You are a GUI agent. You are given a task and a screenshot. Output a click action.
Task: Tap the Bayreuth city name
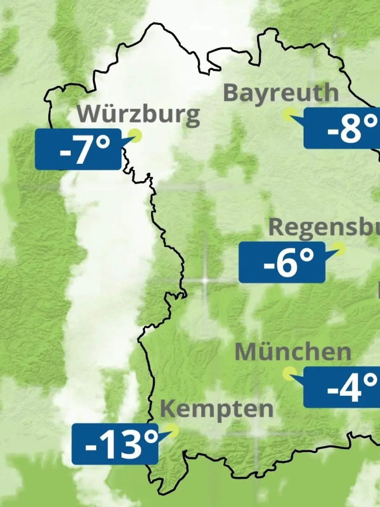[281, 93]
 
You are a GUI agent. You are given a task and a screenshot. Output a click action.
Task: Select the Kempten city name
[217, 409]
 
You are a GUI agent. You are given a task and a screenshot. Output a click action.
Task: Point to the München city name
[293, 352]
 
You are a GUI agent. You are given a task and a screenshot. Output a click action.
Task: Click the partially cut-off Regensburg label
[324, 227]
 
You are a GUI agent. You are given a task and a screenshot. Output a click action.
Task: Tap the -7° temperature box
[78, 149]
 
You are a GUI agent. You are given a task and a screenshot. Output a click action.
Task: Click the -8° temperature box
[342, 128]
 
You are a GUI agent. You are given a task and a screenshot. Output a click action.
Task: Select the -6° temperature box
[282, 262]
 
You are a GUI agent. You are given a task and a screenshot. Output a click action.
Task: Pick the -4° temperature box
[341, 387]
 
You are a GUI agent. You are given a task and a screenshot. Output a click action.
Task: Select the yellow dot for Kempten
[173, 430]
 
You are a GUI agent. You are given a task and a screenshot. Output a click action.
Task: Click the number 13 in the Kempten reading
[122, 445]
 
